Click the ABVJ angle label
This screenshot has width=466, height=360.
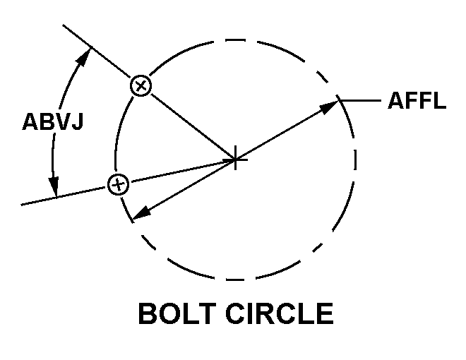53,121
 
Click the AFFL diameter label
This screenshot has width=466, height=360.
417,100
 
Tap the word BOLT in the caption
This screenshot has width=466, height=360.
177,313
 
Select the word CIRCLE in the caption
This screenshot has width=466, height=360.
280,313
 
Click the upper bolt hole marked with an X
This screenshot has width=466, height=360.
141,85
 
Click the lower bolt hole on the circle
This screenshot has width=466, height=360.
119,184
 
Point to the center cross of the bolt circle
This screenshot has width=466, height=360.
235,160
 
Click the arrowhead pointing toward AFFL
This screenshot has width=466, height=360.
329,107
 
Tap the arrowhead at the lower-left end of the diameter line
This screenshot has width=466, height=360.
141,212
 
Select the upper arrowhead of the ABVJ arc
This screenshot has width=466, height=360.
83,57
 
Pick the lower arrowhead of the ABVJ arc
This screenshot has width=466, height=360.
54,186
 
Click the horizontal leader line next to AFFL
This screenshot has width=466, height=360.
360,101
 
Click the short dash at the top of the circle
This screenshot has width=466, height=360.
235,40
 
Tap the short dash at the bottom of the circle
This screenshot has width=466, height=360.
235,280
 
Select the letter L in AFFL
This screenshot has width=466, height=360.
440,100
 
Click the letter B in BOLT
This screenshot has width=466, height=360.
148,313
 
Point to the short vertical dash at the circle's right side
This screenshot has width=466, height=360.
355,160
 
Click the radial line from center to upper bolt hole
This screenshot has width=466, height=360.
193,126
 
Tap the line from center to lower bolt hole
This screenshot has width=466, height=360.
182,171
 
